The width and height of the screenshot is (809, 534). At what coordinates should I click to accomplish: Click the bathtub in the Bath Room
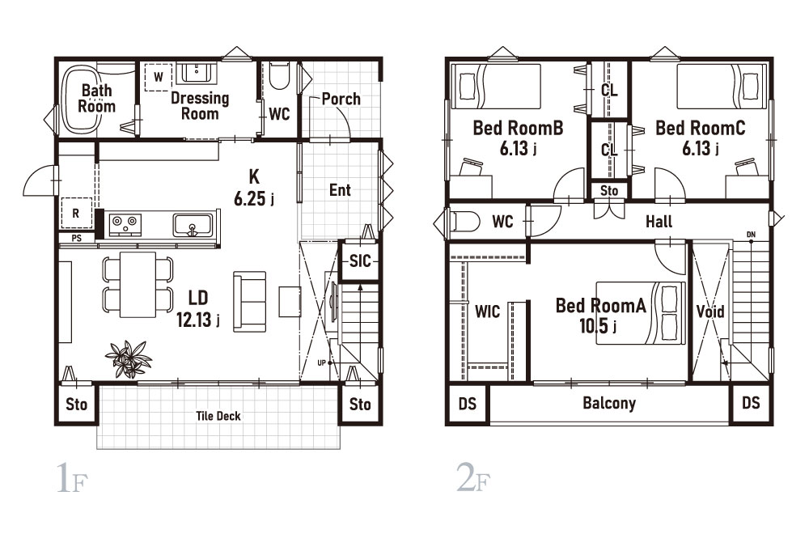[79, 98]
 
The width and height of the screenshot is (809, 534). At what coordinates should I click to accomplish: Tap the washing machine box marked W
[159, 78]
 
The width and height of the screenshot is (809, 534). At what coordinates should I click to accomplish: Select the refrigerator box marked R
[76, 213]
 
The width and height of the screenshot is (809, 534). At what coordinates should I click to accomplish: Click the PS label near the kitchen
[76, 239]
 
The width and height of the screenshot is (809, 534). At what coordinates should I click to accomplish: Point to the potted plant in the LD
[128, 358]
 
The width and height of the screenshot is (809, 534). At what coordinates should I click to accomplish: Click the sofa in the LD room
[250, 301]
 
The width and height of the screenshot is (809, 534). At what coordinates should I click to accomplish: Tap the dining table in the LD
[138, 284]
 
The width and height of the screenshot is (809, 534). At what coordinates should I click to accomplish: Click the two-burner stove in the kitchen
[125, 225]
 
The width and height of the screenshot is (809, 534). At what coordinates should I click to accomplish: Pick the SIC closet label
[360, 261]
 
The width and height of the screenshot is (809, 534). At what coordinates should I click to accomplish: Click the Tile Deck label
[218, 416]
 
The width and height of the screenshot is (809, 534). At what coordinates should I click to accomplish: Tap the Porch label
[341, 99]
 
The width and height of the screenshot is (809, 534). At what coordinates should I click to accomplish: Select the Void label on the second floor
[710, 311]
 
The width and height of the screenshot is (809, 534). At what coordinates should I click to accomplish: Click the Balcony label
[609, 402]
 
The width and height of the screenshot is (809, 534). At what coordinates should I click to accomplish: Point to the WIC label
[488, 311]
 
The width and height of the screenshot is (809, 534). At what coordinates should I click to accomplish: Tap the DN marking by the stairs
[752, 235]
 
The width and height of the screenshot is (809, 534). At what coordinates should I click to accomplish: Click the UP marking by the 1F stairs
[321, 362]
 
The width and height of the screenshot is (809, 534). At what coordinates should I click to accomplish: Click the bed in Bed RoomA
[641, 312]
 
